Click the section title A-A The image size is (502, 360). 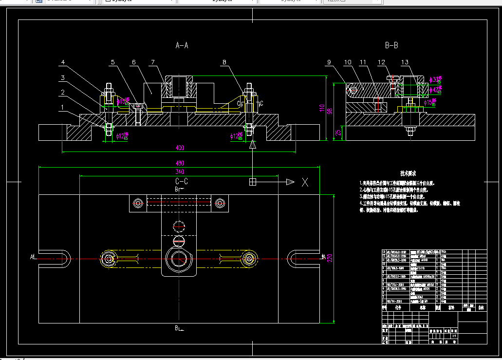tap(182, 45)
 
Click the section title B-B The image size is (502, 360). tap(391, 45)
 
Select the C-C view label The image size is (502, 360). tap(182, 181)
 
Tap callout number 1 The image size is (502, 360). tap(62, 106)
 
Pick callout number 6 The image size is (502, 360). tap(133, 62)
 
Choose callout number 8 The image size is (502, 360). tap(224, 62)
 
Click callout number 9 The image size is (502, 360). tap(329, 62)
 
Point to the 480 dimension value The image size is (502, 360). tap(180, 163)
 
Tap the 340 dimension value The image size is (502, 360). tap(180, 171)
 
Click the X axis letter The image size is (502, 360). tap(305, 182)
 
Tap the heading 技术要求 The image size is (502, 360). tap(407, 173)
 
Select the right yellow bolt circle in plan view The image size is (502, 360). tap(251, 258)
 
